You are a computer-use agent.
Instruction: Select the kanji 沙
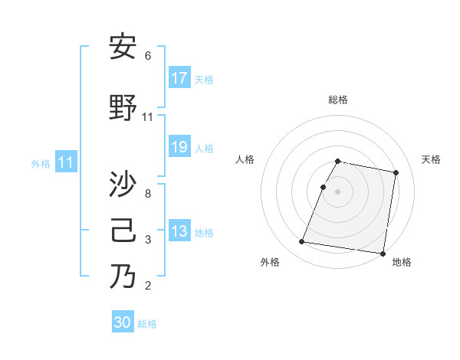click(123, 185)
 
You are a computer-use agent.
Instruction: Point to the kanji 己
click(123, 231)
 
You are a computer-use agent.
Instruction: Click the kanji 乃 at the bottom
click(123, 276)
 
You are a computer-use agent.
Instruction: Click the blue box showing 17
click(179, 78)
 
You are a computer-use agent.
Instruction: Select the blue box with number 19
click(179, 147)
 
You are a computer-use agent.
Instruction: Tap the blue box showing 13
click(179, 231)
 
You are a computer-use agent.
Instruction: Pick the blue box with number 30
click(123, 322)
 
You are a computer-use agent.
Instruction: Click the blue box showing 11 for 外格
click(65, 162)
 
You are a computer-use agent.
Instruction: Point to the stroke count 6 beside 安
click(148, 56)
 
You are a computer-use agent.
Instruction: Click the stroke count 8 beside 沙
click(148, 193)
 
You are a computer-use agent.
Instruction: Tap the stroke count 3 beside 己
click(148, 241)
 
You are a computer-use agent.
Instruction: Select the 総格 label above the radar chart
click(338, 100)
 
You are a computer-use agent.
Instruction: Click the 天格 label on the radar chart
click(431, 159)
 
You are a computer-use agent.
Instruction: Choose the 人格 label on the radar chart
click(245, 159)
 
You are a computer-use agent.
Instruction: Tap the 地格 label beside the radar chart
click(402, 262)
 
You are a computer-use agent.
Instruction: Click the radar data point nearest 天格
click(396, 173)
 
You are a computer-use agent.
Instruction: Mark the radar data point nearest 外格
click(302, 242)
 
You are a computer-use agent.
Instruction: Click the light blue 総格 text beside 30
click(147, 324)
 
